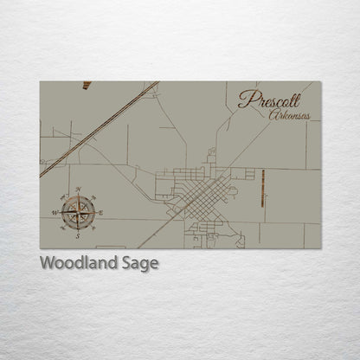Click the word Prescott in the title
point(269,100)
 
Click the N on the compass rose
point(79,189)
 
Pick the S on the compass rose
point(78,234)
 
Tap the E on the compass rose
point(100,211)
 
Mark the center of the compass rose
point(78,211)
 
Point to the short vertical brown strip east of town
point(263,188)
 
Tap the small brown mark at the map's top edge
point(87,85)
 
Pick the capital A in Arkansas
point(273,115)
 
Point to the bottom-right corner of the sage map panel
point(319,247)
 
